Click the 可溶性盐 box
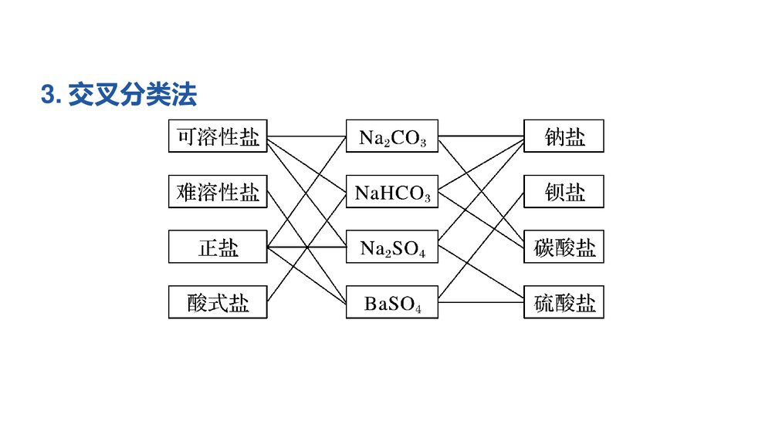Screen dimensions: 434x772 point(218,136)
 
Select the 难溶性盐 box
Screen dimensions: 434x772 point(218,192)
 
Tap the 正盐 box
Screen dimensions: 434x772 point(218,247)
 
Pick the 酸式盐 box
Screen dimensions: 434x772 point(218,303)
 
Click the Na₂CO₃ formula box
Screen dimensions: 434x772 point(392,136)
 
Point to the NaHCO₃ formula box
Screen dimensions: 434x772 point(392,192)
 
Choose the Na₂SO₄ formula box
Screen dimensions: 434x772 point(392,247)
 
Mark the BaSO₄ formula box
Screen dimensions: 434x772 point(392,303)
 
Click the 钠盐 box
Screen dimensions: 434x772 point(564,136)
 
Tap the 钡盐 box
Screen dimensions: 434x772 point(564,192)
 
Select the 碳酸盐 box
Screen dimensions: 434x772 point(564,247)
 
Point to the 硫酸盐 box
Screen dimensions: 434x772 point(564,303)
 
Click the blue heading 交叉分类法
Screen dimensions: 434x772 point(132,96)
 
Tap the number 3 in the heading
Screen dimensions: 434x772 point(47,96)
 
